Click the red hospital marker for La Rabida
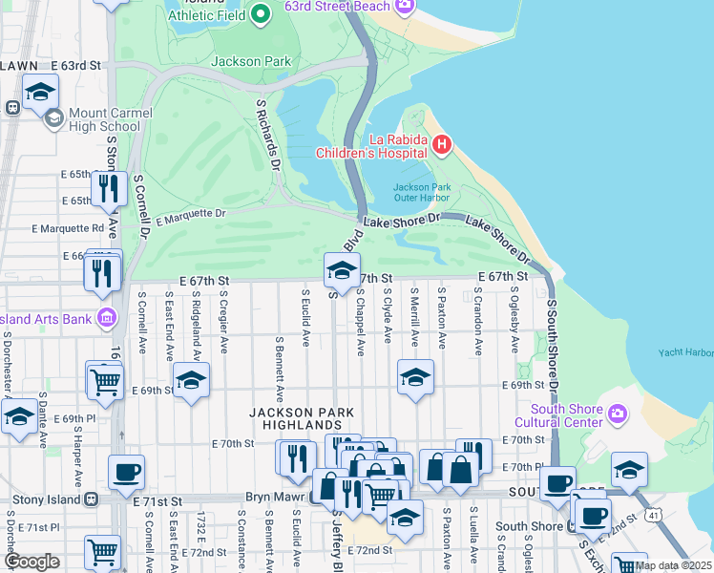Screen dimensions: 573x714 click(441, 145)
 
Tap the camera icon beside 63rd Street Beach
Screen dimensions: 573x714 click(405, 7)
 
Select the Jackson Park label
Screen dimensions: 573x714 click(249, 61)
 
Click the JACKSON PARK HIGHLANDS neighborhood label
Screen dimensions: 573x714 click(302, 418)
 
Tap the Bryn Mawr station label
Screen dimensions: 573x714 click(275, 499)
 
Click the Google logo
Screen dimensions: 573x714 click(31, 561)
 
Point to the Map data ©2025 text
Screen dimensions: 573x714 click(673, 564)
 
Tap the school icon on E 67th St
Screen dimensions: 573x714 click(342, 270)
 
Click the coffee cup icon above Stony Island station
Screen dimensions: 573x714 click(126, 472)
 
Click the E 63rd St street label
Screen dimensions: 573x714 click(75, 65)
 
